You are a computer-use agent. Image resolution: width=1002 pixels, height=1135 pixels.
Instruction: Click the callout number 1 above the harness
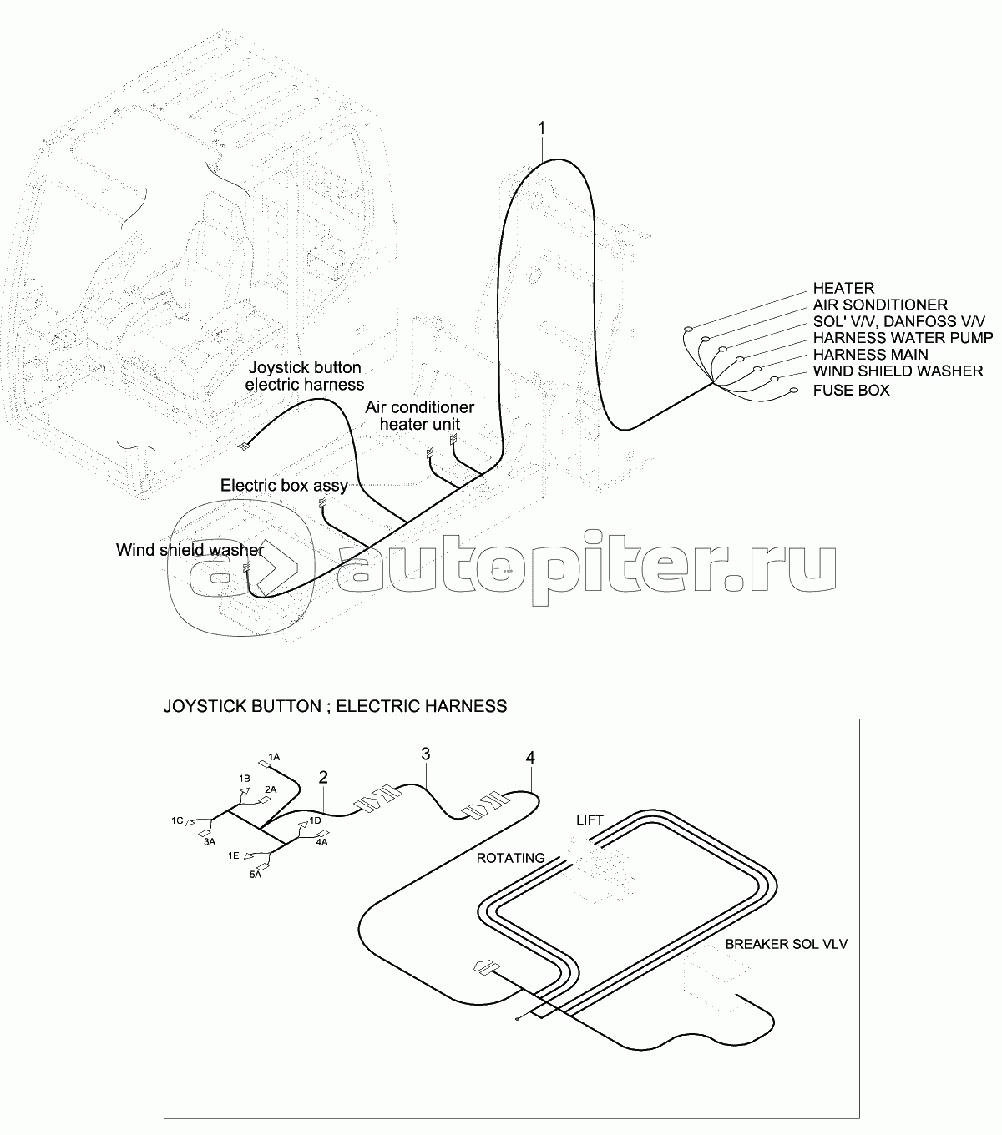[x=541, y=129]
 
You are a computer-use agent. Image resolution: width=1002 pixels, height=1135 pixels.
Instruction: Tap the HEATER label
[x=843, y=288]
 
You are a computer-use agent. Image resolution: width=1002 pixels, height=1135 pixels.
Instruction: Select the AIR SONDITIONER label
[x=880, y=305]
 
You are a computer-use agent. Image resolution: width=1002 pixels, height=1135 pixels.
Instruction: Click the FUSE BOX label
[x=851, y=390]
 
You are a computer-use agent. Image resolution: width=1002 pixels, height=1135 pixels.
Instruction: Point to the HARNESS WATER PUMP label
[x=903, y=338]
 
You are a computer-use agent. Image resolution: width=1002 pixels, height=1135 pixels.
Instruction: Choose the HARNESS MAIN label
[x=870, y=354]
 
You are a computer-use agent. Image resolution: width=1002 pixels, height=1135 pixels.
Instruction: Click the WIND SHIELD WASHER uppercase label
[x=898, y=371]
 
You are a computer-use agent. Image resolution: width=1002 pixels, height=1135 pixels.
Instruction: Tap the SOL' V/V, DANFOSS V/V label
[x=898, y=321]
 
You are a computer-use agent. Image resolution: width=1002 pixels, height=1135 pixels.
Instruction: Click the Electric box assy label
[x=284, y=485]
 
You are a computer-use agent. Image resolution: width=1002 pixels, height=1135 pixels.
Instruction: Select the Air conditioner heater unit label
[x=420, y=416]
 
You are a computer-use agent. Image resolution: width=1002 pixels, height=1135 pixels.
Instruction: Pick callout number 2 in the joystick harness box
[x=323, y=777]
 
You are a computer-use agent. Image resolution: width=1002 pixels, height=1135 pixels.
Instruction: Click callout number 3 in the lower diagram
[x=426, y=754]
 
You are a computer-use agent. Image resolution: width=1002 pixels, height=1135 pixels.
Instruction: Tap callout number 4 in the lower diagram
[x=530, y=758]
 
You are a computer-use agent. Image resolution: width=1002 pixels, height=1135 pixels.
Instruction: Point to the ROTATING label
[x=510, y=858]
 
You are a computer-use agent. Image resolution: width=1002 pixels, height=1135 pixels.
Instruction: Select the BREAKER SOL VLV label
[x=786, y=944]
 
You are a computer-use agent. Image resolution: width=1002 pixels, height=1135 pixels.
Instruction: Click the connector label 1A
[x=274, y=758]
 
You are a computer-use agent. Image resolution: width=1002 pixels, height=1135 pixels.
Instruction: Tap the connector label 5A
[x=256, y=875]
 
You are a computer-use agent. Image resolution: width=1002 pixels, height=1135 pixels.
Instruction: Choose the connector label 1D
[x=315, y=820]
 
